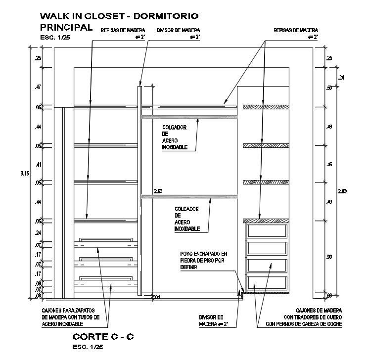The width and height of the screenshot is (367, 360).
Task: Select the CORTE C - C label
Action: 103,337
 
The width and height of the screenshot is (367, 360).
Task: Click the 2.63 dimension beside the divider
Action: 158,190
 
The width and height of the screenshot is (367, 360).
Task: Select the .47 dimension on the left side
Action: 38,87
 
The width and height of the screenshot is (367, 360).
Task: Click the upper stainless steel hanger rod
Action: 190,117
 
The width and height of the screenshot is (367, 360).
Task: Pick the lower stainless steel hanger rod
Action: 190,197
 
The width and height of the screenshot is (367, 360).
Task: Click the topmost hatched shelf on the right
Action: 265,106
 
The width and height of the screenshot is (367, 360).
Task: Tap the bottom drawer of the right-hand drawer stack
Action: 267,283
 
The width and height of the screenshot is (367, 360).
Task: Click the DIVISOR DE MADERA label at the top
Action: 177,30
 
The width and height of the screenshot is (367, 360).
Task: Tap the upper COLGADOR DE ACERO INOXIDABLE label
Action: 175,136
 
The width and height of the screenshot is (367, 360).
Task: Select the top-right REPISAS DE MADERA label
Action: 296,30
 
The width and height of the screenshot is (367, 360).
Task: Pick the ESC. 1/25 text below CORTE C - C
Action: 88,347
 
